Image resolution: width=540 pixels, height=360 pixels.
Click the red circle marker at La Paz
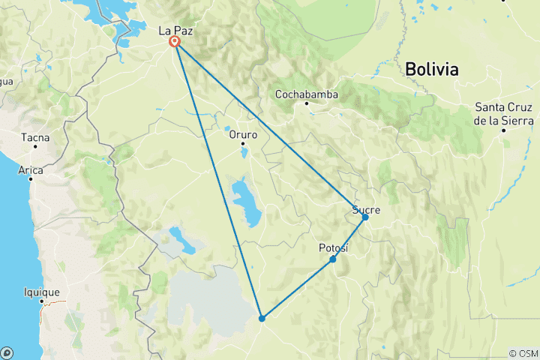175,42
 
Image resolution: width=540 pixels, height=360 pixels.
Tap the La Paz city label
173,31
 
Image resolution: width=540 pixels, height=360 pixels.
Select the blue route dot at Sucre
365,217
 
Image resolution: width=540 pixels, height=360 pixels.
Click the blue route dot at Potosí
333,259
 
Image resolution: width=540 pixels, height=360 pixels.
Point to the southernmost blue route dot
262,319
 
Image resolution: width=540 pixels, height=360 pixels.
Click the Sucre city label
366,210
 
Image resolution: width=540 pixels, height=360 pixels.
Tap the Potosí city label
334,248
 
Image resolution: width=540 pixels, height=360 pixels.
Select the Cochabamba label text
307,94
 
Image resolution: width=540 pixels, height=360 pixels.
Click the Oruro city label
243,135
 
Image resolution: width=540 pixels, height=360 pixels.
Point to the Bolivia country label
431,70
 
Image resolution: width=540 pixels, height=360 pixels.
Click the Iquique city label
41,292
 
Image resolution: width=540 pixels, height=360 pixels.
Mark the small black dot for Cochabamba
307,103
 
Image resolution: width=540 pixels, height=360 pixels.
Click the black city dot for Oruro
243,145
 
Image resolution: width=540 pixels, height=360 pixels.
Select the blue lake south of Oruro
246,202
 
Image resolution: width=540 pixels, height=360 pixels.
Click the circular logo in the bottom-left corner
7,352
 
